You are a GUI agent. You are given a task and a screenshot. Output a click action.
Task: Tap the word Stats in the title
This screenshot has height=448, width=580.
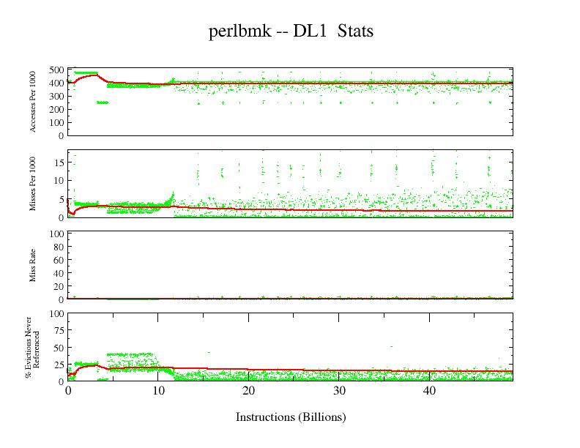tap(356, 32)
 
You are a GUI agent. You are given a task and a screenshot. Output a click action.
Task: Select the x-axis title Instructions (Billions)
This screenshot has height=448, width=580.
tap(291, 417)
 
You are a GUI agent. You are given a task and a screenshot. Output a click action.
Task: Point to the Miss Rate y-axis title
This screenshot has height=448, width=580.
tap(34, 266)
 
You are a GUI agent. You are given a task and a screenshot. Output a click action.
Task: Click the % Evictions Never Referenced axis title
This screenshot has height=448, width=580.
tap(31, 348)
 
